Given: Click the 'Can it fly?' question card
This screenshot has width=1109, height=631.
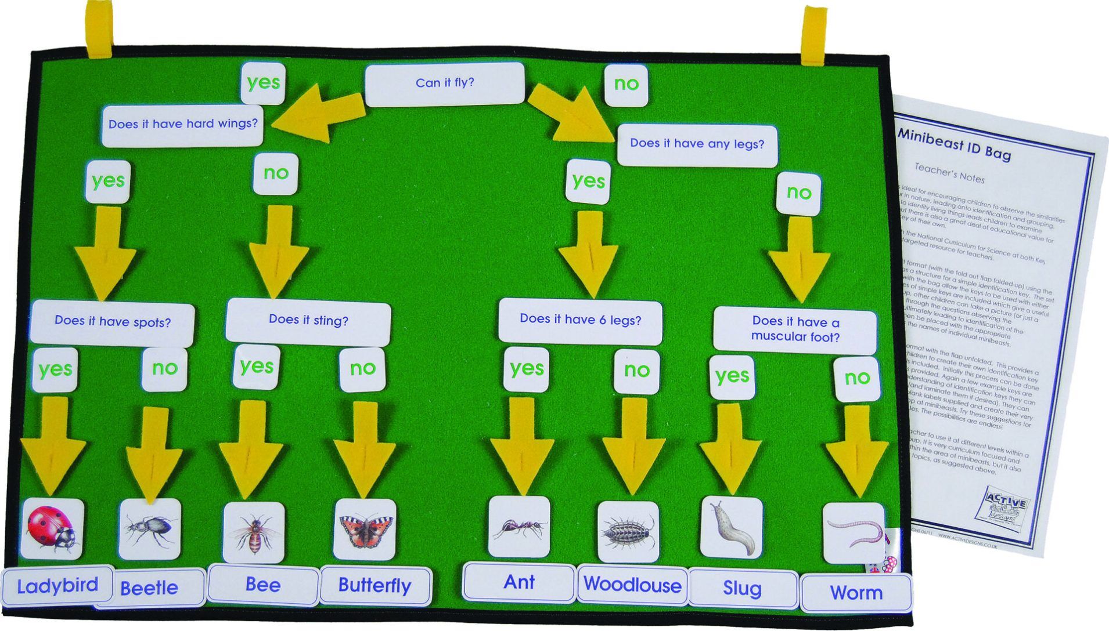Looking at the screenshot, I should pyautogui.click(x=445, y=84).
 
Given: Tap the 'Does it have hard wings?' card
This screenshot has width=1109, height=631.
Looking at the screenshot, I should pyautogui.click(x=183, y=124).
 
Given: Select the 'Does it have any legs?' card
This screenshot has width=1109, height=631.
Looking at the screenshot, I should pyautogui.click(x=697, y=144).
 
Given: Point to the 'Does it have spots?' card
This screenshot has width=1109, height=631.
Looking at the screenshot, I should pyautogui.click(x=113, y=322).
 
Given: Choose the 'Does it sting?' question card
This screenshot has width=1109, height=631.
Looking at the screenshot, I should pyautogui.click(x=308, y=320).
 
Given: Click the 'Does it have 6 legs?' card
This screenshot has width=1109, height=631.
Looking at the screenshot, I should pyautogui.click(x=580, y=320).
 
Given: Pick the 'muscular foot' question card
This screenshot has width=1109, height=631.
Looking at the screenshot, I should pyautogui.click(x=795, y=330).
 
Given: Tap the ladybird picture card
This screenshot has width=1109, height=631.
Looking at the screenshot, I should pyautogui.click(x=52, y=528).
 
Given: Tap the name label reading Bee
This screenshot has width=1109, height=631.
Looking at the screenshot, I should pyautogui.click(x=264, y=585).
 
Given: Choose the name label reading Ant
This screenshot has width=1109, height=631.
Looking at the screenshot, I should pyautogui.click(x=519, y=582).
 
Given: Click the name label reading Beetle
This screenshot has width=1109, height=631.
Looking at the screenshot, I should pyautogui.click(x=150, y=588).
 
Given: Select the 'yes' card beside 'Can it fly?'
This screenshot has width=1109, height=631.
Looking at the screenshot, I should pyautogui.click(x=263, y=83).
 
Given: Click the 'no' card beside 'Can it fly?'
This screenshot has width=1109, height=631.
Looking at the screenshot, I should pyautogui.click(x=626, y=85).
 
